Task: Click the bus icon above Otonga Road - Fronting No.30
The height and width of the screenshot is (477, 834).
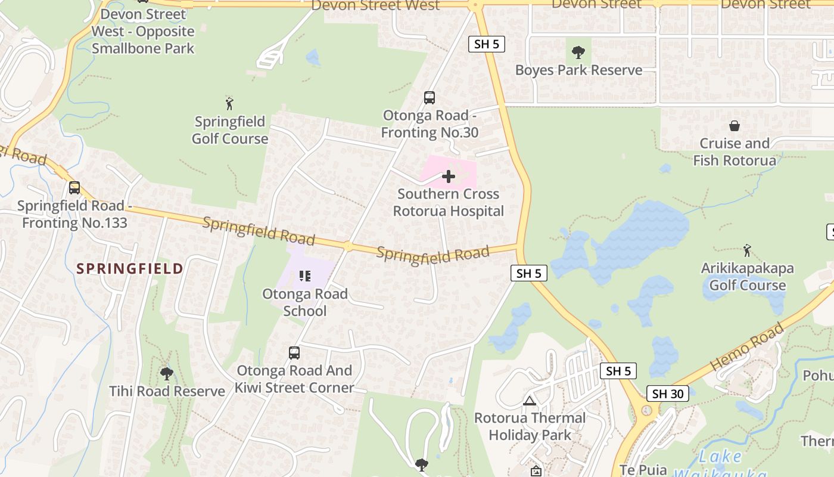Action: pyautogui.click(x=429, y=98)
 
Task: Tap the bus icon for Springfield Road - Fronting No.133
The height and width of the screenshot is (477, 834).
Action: pyautogui.click(x=74, y=188)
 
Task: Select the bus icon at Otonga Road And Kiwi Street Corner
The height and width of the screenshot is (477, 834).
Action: pyautogui.click(x=294, y=352)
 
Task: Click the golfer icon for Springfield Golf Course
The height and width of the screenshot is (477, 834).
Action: pyautogui.click(x=229, y=103)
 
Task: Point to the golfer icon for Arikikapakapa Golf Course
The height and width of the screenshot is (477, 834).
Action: pyautogui.click(x=747, y=250)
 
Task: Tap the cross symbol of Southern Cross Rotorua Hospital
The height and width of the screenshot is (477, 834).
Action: pyautogui.click(x=449, y=176)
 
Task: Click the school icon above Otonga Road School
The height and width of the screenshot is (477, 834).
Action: pyautogui.click(x=305, y=275)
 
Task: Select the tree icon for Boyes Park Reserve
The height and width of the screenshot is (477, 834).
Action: pyautogui.click(x=578, y=52)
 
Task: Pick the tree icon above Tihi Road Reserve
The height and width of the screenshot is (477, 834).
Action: pyautogui.click(x=167, y=374)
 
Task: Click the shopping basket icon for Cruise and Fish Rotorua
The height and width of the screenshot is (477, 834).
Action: pyautogui.click(x=735, y=126)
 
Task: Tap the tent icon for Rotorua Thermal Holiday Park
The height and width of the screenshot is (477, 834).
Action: pyautogui.click(x=530, y=401)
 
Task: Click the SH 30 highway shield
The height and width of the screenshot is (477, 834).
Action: pyautogui.click(x=667, y=394)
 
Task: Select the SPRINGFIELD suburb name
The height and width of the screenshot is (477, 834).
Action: pyautogui.click(x=130, y=268)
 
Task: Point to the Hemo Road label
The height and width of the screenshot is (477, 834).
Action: pyautogui.click(x=747, y=346)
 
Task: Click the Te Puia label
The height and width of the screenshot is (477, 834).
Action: pyautogui.click(x=643, y=470)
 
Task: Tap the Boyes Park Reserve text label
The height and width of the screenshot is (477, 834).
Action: pyautogui.click(x=578, y=70)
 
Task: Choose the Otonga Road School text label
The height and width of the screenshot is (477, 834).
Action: pyautogui.click(x=305, y=302)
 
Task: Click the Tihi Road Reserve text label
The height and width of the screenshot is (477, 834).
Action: pyautogui.click(x=167, y=392)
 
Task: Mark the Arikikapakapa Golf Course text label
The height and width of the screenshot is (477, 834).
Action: pyautogui.click(x=747, y=277)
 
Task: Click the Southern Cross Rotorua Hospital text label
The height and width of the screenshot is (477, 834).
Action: pyautogui.click(x=448, y=203)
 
